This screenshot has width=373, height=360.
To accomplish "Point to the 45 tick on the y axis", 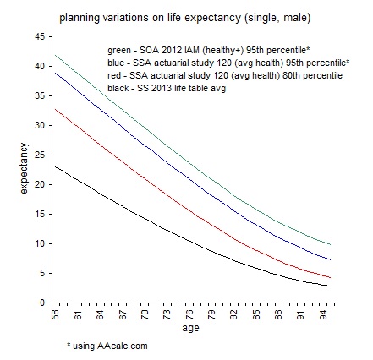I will (x=40, y=37).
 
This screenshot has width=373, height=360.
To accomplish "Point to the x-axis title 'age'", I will (x=190, y=331).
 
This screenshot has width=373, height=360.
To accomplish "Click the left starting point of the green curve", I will (x=54, y=56).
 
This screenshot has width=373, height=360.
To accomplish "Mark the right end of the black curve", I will (x=330, y=286).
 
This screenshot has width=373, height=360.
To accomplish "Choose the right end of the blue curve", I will (x=330, y=259).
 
